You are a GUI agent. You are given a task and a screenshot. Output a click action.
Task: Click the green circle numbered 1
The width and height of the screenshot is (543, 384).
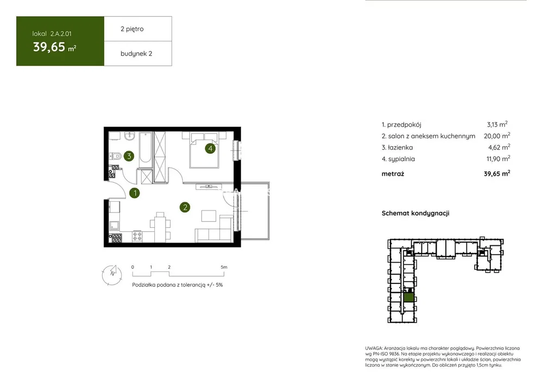click(x=135, y=193)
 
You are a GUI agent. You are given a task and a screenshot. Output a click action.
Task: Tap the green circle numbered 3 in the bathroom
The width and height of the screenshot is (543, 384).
click(x=129, y=156)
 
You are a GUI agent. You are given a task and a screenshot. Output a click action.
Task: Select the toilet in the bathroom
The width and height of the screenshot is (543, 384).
click(x=116, y=157)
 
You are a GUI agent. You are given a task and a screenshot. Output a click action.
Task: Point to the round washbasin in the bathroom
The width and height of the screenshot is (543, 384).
click(x=130, y=137)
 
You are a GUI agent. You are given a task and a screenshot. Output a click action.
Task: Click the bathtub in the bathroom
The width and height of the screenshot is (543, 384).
click(x=146, y=150)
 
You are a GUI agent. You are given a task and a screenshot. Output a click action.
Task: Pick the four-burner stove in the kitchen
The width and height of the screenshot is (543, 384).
click(x=137, y=236)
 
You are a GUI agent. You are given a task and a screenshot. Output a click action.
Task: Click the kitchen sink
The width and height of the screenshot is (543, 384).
click(x=114, y=226)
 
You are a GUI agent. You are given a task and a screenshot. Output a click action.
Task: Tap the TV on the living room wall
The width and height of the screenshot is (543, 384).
click(x=209, y=187)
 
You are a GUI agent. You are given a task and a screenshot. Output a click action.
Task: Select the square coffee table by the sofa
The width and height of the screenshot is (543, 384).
click(x=209, y=216)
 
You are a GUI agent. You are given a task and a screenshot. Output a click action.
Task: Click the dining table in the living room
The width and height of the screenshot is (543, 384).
click(x=160, y=228)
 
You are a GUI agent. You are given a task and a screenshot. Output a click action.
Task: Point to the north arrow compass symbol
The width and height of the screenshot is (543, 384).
click(x=112, y=275)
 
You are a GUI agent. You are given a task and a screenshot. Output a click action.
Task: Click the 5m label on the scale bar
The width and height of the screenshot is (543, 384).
click(x=224, y=267)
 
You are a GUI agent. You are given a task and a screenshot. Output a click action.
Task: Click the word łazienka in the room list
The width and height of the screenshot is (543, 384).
click(x=400, y=147)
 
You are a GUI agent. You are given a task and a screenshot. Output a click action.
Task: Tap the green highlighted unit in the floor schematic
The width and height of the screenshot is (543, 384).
click(x=409, y=298)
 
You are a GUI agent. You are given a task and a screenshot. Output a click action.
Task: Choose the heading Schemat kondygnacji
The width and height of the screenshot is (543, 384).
click(x=415, y=213)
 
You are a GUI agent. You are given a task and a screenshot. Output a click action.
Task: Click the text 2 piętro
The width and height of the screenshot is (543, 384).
click(x=132, y=29)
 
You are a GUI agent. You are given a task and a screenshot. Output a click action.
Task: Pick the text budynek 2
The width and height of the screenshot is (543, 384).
click(x=136, y=54)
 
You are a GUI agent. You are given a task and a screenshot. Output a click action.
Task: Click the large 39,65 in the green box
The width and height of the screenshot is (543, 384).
click(x=49, y=46)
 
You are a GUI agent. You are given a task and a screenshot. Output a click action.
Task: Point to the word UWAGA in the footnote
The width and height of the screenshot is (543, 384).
click(x=374, y=348)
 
